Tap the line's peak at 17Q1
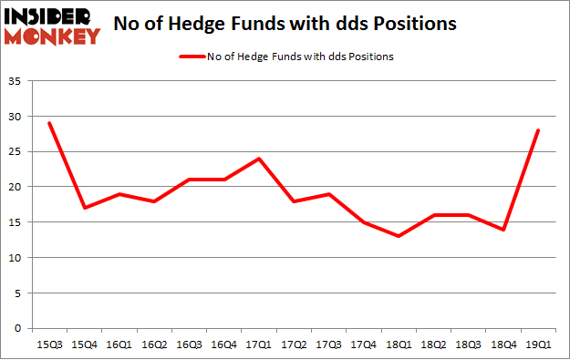[259, 159]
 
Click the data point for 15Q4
[84, 208]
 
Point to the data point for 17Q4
[364, 221]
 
